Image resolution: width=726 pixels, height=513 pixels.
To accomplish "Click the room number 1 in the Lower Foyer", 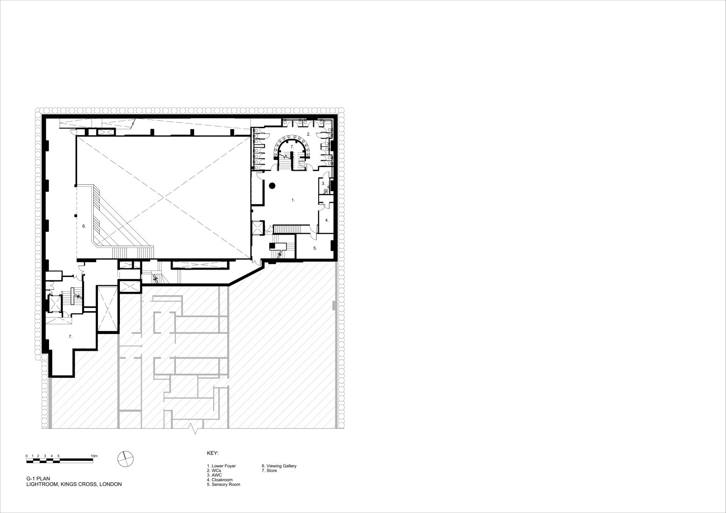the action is click(x=293, y=200).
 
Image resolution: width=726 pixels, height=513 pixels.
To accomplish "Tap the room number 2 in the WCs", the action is click(x=308, y=134).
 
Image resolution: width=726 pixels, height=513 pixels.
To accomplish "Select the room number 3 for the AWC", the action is click(x=323, y=183).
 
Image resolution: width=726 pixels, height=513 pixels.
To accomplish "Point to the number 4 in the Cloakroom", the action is click(x=327, y=220).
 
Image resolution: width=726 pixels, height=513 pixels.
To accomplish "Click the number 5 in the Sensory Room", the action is click(x=314, y=249).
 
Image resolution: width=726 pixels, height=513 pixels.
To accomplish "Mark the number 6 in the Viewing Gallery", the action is click(x=84, y=226).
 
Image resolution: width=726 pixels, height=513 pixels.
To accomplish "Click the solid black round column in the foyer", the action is click(x=272, y=186).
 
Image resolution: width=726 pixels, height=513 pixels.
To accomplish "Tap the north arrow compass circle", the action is click(x=126, y=459).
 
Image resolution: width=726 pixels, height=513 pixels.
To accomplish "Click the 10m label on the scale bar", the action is click(x=94, y=456).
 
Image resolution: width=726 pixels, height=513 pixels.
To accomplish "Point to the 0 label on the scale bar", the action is click(x=27, y=456).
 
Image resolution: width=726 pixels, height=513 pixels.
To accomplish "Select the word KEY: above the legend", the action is click(x=213, y=453).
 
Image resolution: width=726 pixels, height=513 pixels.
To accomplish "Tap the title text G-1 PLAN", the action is click(x=38, y=478).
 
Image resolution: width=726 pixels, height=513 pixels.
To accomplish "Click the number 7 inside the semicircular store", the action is click(x=292, y=147).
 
